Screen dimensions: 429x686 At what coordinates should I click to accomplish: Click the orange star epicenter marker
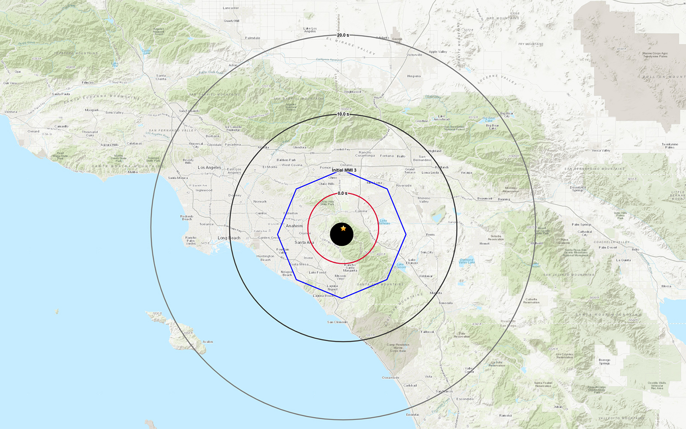(343, 228)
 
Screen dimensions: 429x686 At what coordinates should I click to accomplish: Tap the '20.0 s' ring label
(343, 35)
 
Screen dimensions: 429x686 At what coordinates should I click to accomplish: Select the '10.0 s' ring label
(343, 114)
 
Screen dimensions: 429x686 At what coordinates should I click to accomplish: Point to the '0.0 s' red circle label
(343, 193)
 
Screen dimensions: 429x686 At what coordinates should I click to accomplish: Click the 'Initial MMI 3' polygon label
(344, 170)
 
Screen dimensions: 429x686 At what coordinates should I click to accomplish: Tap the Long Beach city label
(229, 238)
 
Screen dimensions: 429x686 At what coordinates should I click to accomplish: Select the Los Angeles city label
(210, 168)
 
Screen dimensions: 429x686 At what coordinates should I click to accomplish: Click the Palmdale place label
(253, 38)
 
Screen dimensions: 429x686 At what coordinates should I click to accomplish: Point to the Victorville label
(414, 55)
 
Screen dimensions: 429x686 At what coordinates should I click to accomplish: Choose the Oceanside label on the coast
(391, 378)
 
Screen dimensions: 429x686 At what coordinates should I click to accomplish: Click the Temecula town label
(445, 303)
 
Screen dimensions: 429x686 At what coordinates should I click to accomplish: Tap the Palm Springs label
(581, 224)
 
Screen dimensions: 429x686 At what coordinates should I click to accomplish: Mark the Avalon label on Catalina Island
(208, 342)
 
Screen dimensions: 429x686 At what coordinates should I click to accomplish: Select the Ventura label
(11, 112)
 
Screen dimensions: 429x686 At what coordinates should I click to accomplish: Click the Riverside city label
(404, 186)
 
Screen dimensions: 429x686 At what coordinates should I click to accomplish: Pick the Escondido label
(465, 399)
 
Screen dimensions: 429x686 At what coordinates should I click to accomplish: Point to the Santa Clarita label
(161, 77)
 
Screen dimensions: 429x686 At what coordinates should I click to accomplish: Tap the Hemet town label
(484, 244)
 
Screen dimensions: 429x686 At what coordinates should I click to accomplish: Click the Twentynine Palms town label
(670, 146)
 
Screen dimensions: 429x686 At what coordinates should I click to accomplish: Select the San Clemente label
(337, 322)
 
